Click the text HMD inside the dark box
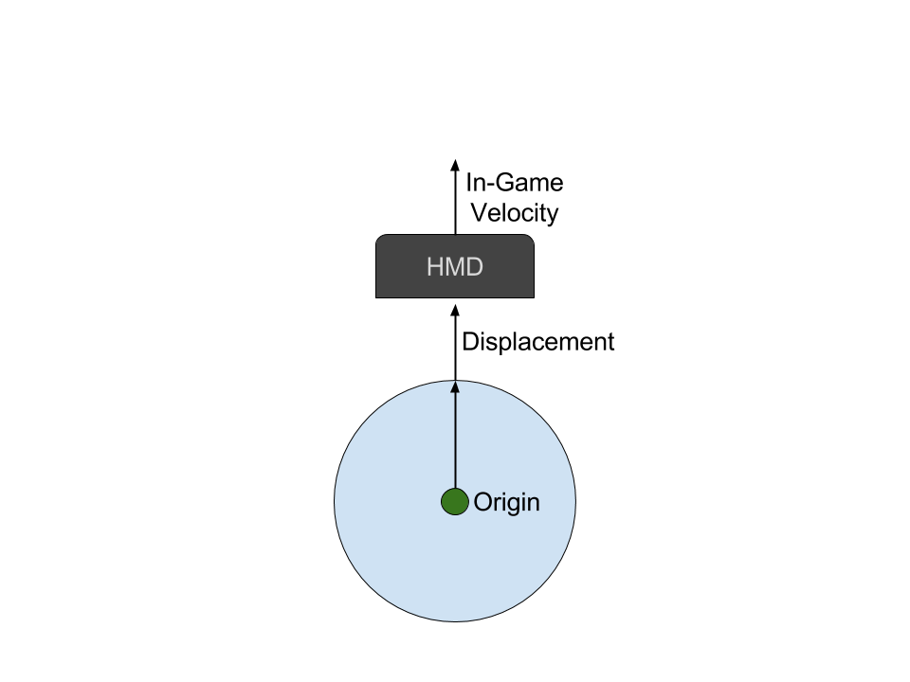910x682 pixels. [455, 267]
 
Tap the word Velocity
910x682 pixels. [515, 213]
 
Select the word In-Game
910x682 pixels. [514, 183]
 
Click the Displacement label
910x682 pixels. [537, 342]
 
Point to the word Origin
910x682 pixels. [506, 502]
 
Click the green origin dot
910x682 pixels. [455, 502]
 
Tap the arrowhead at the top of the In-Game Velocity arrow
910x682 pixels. [455, 165]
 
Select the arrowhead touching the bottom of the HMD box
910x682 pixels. [455, 311]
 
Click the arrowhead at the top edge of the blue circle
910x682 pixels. [455, 386]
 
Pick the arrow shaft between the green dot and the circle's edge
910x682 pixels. [455, 440]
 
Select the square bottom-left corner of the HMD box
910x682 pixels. [377, 296]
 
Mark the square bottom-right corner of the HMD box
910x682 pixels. [534, 296]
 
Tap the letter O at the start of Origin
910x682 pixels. [482, 502]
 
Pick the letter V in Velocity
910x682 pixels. [480, 213]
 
